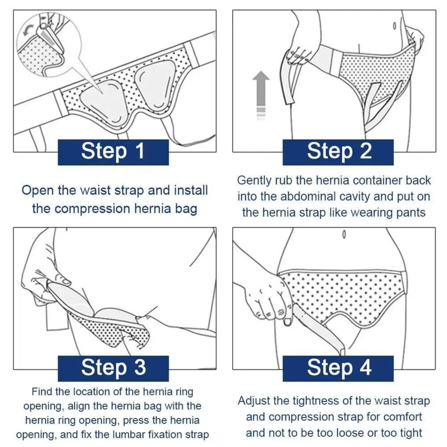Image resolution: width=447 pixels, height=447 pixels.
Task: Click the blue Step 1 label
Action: [113, 152]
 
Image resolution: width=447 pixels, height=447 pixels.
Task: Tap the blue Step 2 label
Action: [338, 152]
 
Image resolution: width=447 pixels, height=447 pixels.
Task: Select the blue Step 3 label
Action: [113, 368]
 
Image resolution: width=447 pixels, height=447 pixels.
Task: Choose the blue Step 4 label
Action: [338, 368]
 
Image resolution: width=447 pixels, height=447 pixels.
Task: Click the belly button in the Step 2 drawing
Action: [395, 26]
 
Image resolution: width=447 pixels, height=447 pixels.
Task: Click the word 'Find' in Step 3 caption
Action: [42, 391]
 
